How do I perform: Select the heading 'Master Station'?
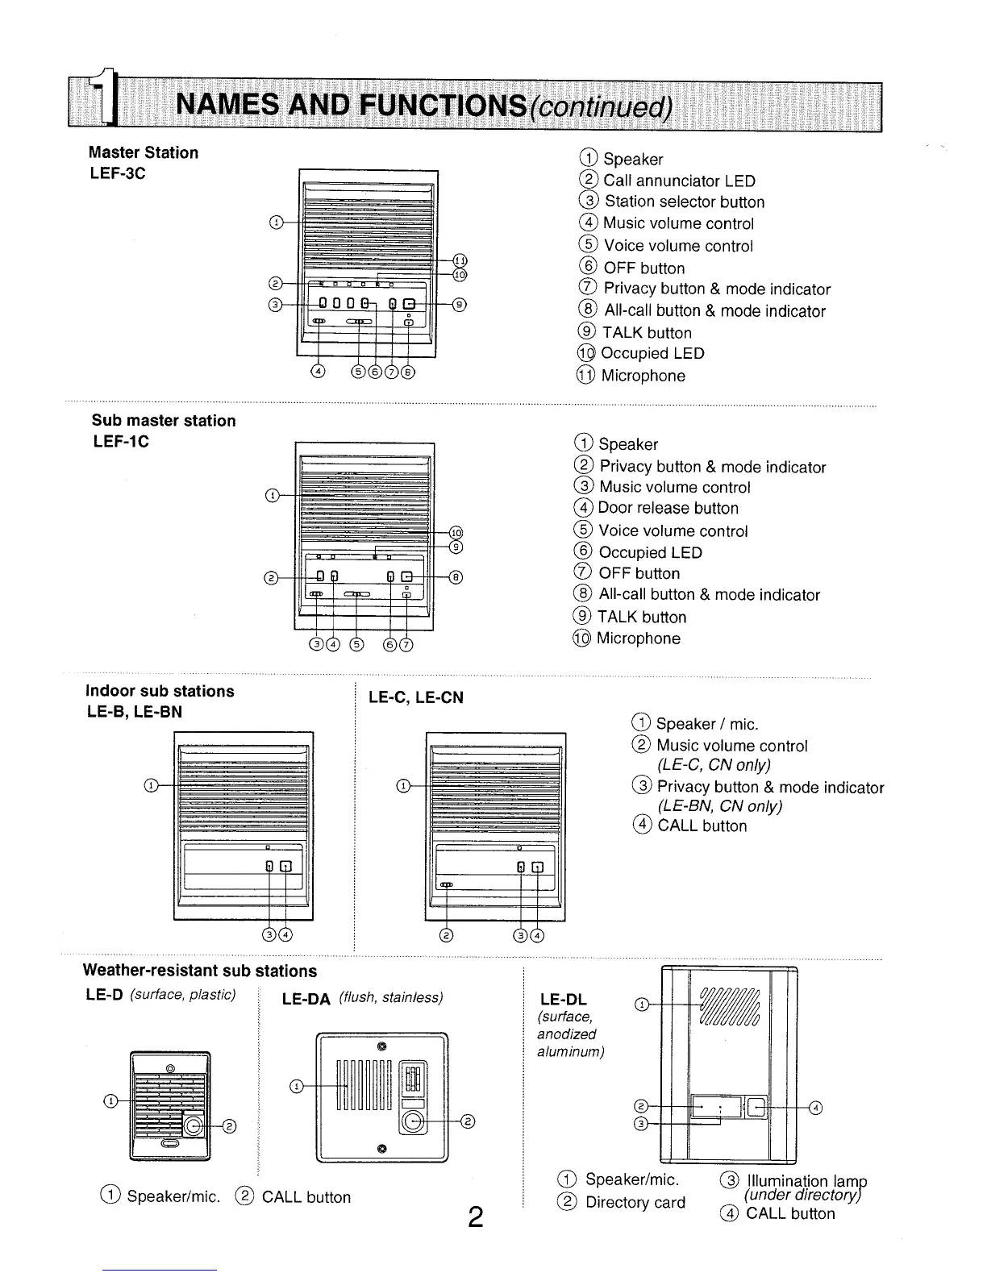(144, 152)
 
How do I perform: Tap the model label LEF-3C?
(117, 173)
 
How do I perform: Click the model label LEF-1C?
(120, 442)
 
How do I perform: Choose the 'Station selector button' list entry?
(684, 202)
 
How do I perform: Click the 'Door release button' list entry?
(668, 509)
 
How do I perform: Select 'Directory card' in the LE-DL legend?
(635, 1203)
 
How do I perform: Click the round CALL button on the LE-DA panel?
(414, 1121)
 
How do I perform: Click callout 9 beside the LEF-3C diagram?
(459, 304)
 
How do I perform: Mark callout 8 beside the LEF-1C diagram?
(456, 576)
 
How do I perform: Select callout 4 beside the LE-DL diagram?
(815, 1108)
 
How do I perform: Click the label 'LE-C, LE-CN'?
(415, 697)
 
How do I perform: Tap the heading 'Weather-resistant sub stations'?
(201, 971)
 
